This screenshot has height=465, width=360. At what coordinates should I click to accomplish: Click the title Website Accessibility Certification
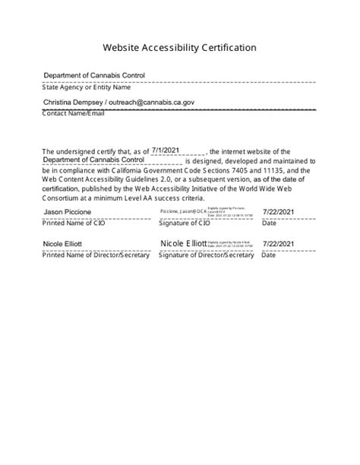[179, 47]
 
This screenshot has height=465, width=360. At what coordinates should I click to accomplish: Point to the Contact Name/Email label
[74, 113]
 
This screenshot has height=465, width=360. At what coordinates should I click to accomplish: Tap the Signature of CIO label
[185, 223]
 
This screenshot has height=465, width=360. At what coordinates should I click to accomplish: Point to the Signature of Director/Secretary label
[206, 255]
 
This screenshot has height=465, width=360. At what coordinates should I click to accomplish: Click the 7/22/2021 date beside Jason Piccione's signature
[279, 211]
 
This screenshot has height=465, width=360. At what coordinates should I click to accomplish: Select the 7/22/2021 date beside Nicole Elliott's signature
[279, 244]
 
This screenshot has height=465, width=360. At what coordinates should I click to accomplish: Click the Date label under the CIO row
[270, 223]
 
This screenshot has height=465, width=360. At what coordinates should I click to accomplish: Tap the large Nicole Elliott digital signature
[183, 243]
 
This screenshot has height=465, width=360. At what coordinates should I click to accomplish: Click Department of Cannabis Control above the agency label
[94, 76]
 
